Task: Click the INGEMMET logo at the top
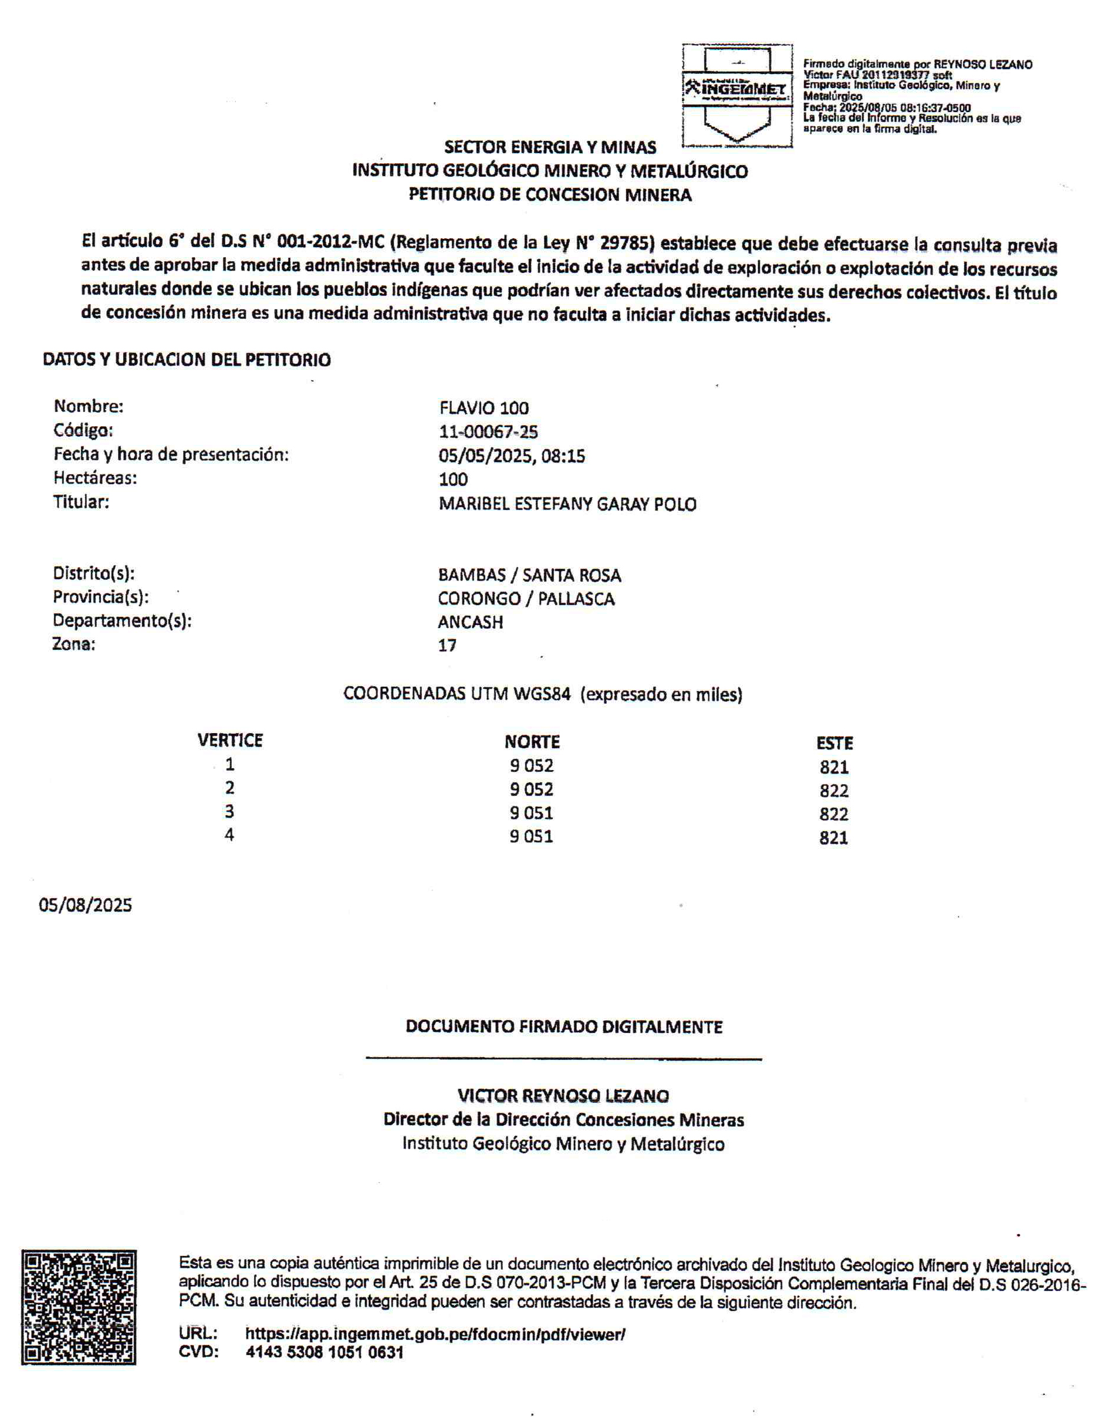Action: (737, 96)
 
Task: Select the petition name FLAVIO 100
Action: (484, 408)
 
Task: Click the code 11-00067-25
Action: (488, 431)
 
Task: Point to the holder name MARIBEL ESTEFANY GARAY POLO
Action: (567, 504)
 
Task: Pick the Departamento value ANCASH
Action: (470, 622)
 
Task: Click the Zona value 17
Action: (447, 646)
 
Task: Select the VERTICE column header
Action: (230, 740)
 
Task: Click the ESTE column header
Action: (834, 743)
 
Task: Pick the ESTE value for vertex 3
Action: (833, 815)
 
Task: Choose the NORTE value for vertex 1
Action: (531, 766)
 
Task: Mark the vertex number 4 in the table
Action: (229, 835)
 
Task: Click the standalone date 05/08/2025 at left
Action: (85, 905)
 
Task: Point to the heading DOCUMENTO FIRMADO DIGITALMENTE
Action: (564, 1027)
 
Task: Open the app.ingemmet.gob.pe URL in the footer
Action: (435, 1334)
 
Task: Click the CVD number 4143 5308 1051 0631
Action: (325, 1352)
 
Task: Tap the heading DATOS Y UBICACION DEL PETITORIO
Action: (187, 359)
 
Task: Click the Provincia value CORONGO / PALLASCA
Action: (526, 599)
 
